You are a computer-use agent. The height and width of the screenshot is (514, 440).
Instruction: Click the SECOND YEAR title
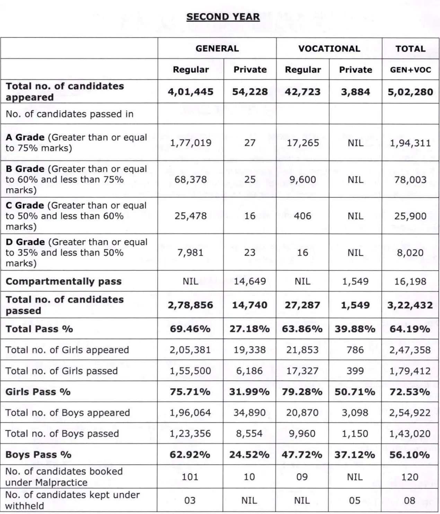coord(223,17)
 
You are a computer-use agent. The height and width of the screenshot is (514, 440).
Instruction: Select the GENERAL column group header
coord(217,48)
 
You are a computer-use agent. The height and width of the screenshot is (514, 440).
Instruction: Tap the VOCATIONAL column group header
coord(329,48)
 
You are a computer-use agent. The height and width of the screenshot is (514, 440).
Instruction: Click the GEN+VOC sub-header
coord(410,70)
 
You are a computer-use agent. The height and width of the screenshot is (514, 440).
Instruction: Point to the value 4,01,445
coord(191,92)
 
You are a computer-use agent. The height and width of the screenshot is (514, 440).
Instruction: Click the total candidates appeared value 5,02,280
coord(410,92)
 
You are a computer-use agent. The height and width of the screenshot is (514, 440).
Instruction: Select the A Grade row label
coord(25,137)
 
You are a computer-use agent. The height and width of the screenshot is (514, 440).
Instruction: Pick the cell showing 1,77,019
coord(191,143)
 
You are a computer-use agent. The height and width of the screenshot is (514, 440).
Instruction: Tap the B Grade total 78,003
coord(410,180)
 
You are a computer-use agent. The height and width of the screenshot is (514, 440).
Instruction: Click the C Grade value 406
coord(302,216)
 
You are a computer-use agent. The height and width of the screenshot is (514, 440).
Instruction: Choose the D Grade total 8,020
coord(410,253)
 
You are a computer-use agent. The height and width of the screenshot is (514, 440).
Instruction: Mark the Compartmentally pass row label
coord(63,281)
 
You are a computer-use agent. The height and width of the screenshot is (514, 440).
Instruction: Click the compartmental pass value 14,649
coord(249,281)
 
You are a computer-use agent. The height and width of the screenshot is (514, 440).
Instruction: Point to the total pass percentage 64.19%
coord(410,329)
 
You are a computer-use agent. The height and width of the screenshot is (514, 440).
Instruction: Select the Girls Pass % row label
coord(38,392)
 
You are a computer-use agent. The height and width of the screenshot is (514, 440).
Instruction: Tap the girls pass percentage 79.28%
coord(302,392)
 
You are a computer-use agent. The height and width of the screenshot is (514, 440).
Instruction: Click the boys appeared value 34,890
coord(249,413)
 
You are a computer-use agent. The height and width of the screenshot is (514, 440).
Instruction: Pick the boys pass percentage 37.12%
coord(355,455)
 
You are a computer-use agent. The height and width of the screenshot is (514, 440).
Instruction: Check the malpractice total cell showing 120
coord(410,477)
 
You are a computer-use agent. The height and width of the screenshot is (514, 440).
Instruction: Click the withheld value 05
coord(355,501)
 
